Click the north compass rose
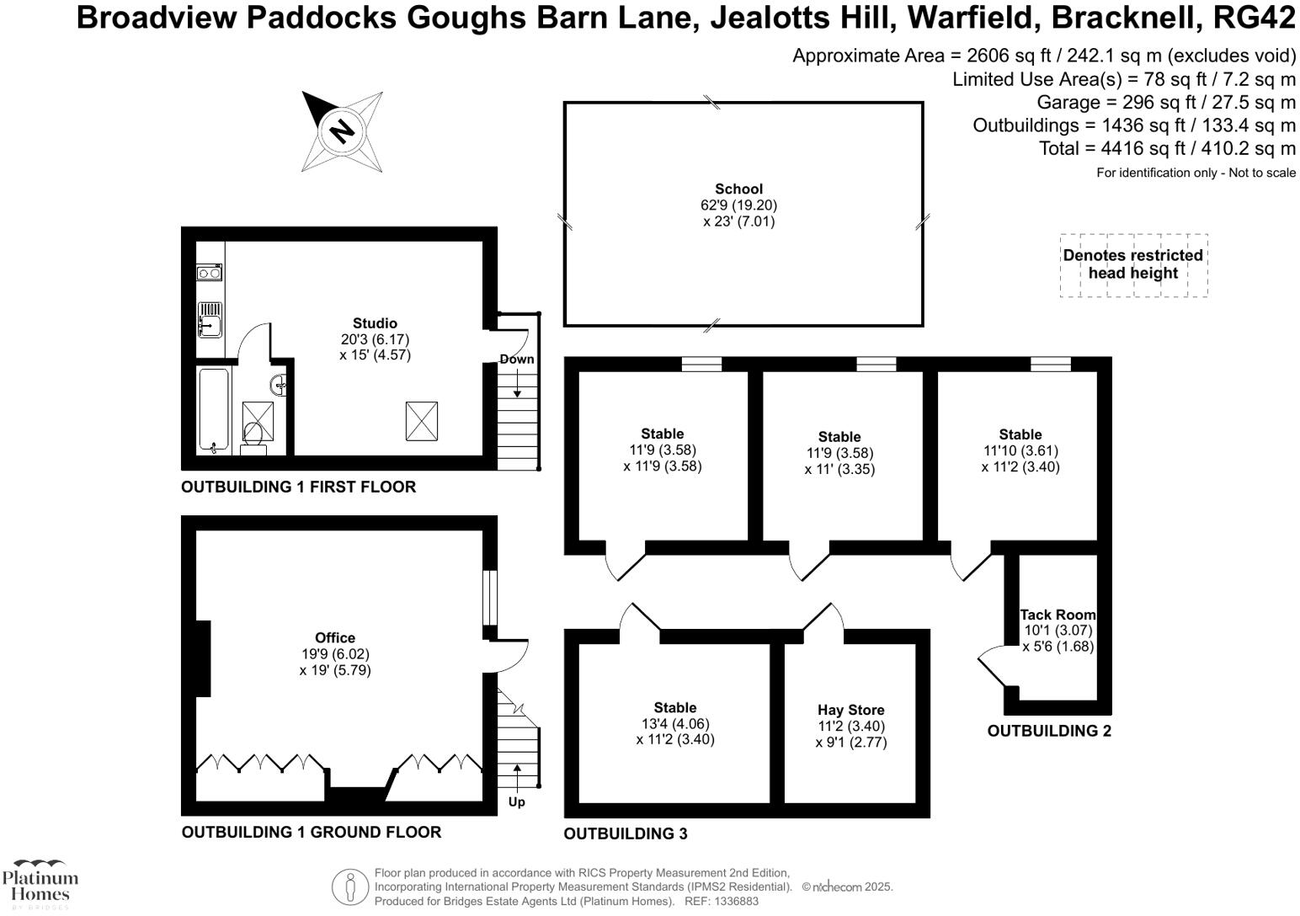pos(342,131)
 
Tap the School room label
pos(738,189)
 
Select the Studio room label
pos(375,323)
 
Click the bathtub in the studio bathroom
pos(210,411)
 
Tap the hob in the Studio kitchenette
pos(210,272)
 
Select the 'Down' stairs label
pos(516,359)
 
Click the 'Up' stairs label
pos(516,801)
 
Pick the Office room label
pos(335,638)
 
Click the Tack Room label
pos(1058,615)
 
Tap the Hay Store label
pos(851,710)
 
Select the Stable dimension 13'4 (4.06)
pos(675,724)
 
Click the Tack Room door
pos(990,665)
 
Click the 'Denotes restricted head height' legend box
pos(1132,264)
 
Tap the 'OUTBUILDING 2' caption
pos(1048,731)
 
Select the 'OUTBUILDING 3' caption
pos(625,833)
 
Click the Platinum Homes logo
pos(40,884)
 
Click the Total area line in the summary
pos(1167,149)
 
